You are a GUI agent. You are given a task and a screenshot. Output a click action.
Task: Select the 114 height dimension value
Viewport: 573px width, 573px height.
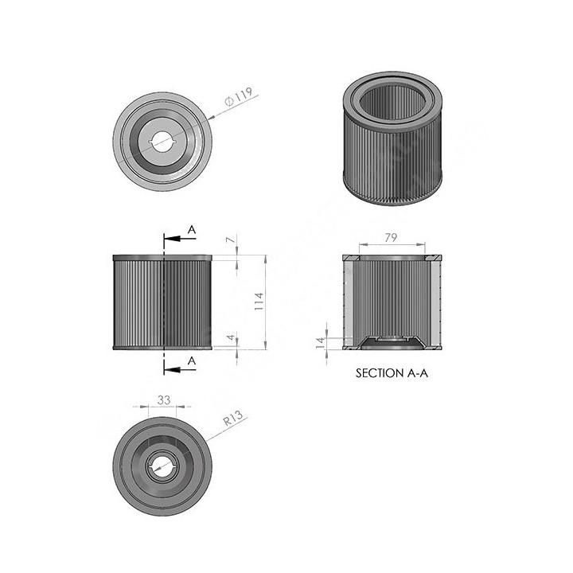258,302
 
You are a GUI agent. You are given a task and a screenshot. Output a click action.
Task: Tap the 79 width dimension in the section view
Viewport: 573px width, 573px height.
392,237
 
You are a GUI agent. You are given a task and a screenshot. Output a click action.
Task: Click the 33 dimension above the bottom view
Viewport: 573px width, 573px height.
164,401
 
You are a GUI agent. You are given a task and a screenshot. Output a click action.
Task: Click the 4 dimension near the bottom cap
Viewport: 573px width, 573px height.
231,337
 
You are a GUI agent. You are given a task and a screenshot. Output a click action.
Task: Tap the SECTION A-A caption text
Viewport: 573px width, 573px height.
392,372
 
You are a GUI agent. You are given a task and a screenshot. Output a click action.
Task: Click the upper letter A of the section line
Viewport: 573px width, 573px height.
191,229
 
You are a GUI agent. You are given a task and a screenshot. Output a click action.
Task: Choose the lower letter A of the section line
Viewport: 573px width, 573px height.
191,361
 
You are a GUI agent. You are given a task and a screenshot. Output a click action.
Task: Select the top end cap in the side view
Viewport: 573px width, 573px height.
162,258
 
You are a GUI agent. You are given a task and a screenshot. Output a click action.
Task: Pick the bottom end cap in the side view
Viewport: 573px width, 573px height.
162,347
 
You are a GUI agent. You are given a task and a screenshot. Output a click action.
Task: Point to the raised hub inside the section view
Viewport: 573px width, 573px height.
392,341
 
